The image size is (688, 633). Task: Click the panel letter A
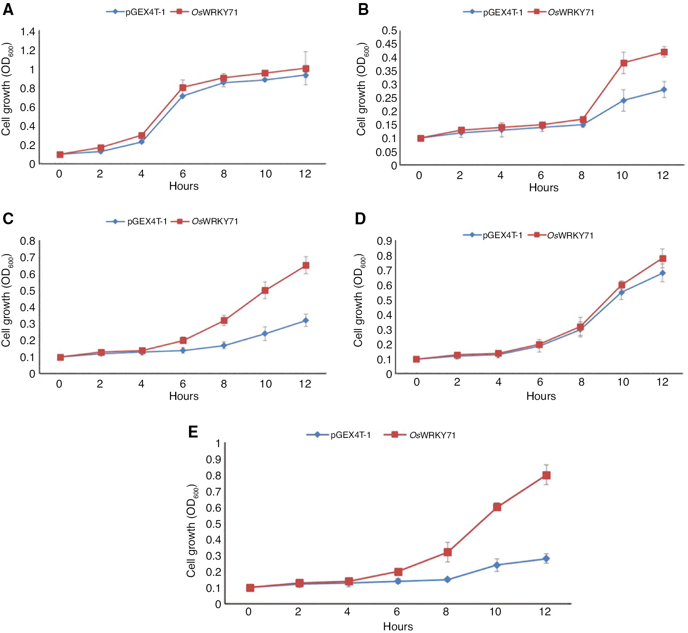tap(8, 9)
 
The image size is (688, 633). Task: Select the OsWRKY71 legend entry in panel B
tap(562, 12)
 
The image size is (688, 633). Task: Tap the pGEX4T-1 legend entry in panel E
tap(339, 435)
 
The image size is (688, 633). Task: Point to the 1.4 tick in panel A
tap(28, 31)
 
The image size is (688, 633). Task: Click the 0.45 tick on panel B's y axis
tap(386, 44)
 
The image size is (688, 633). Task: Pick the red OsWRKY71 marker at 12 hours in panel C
tap(306, 265)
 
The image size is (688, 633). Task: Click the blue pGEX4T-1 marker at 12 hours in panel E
tap(546, 558)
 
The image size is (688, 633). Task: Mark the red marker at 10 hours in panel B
tap(623, 63)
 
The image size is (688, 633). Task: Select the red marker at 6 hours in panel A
tap(183, 88)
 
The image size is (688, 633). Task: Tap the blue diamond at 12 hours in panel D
tap(662, 273)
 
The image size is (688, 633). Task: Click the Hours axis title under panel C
tap(184, 396)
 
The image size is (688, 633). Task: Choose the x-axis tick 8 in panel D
tap(581, 382)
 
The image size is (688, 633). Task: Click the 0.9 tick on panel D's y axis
tap(384, 241)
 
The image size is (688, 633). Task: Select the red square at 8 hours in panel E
tap(448, 552)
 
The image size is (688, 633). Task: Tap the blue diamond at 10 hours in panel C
tap(265, 334)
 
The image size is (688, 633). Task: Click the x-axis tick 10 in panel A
tap(265, 174)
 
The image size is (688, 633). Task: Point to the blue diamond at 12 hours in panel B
tap(664, 90)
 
